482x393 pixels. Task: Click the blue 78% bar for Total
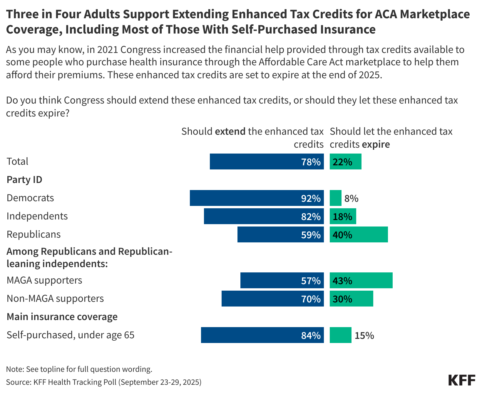[x=267, y=161]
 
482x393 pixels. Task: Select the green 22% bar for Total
[x=345, y=161]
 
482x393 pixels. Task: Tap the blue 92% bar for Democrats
[x=257, y=198]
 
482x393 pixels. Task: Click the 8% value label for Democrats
[x=351, y=199]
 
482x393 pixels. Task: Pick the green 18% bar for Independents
[x=343, y=216]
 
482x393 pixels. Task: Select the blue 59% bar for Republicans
[x=280, y=234]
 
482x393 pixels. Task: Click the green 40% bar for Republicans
[x=359, y=234]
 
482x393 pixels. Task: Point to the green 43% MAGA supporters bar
[x=361, y=280]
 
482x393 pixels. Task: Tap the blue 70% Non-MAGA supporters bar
[x=272, y=299]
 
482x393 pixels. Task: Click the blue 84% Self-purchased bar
[x=262, y=335]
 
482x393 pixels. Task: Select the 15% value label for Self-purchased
[x=364, y=336]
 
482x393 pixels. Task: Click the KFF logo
[x=461, y=380]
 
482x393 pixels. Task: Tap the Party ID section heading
[x=24, y=180]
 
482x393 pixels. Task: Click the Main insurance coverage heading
[x=62, y=317]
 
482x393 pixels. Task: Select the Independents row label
[x=37, y=216]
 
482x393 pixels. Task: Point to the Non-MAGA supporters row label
[x=55, y=299]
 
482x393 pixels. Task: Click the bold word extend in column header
[x=230, y=131]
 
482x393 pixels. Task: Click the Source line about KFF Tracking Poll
[x=103, y=382]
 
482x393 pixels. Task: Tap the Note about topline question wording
[x=79, y=369]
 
